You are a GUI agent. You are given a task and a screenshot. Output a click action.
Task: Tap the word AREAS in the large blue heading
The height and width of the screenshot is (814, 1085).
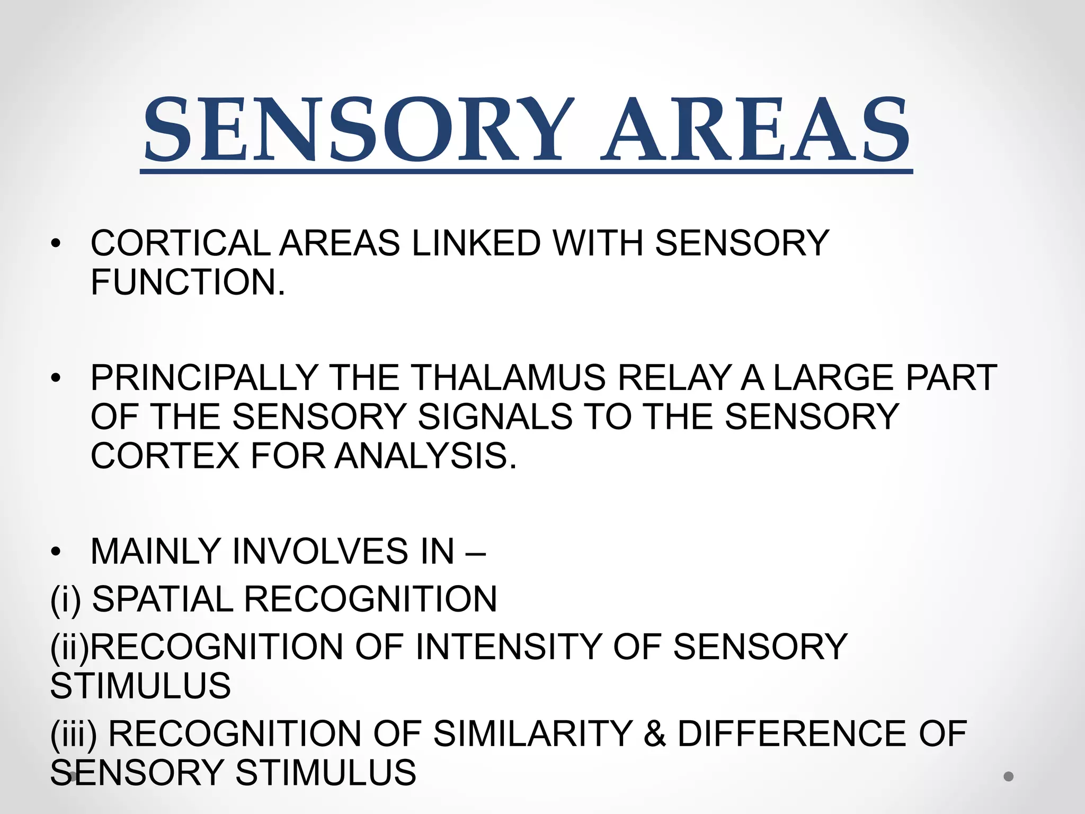click(x=755, y=130)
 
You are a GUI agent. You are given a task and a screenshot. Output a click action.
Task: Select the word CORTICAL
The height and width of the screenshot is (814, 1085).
click(x=180, y=243)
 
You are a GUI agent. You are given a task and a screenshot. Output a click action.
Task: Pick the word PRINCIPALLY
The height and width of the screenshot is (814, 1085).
click(x=204, y=378)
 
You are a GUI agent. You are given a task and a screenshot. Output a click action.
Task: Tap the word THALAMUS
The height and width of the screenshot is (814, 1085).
click(x=508, y=378)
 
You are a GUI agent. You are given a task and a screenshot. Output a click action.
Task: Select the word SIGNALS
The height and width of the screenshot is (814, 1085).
click(x=495, y=417)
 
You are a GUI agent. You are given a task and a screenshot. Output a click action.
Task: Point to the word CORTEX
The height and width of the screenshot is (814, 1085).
click(x=165, y=456)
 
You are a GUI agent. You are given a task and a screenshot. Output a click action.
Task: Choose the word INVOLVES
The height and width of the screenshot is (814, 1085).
click(x=321, y=552)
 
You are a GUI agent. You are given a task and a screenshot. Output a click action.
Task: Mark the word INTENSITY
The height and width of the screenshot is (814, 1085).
click(x=508, y=647)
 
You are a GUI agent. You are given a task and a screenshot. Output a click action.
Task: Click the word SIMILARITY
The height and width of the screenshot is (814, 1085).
click(x=533, y=734)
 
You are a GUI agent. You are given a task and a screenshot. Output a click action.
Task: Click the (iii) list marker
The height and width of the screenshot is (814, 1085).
click(x=74, y=735)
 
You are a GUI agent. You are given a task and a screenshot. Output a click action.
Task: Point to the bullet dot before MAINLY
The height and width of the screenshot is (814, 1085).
click(x=56, y=552)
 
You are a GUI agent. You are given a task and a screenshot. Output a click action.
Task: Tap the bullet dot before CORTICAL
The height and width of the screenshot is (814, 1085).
click(x=56, y=244)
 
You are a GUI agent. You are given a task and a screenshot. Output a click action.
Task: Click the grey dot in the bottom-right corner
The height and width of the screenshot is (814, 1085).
click(x=1008, y=776)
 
